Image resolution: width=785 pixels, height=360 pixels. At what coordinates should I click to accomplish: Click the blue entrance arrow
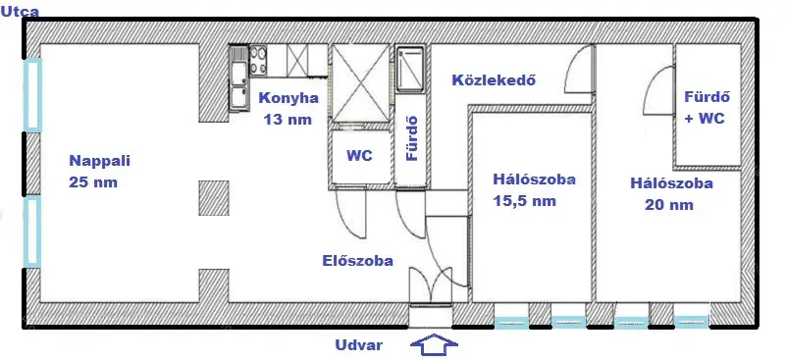click(432, 345)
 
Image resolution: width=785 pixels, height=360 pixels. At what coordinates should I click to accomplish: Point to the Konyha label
click(288, 98)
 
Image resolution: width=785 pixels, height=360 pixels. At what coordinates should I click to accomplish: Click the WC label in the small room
click(358, 155)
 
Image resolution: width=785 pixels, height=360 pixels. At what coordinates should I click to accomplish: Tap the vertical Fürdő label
click(412, 140)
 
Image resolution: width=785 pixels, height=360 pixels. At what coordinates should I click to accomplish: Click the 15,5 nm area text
click(525, 202)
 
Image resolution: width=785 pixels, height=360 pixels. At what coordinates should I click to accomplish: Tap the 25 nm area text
click(92, 182)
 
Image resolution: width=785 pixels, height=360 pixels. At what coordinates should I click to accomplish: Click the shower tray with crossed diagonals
click(361, 86)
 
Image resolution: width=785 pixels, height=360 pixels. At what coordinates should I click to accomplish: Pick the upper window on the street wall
click(32, 95)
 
